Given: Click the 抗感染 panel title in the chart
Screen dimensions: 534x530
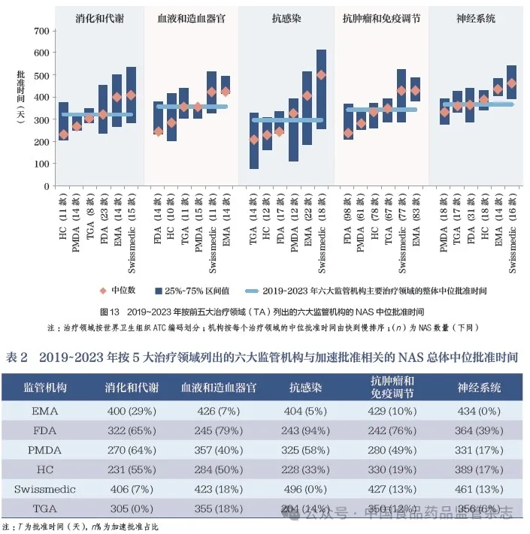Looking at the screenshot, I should pyautogui.click(x=286, y=17).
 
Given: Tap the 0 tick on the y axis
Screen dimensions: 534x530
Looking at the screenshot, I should pyautogui.click(x=47, y=186).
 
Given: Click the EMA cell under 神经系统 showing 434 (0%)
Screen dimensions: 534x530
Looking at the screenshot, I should pyautogui.click(x=479, y=412).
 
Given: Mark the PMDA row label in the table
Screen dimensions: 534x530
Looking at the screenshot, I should pyautogui.click(x=46, y=451).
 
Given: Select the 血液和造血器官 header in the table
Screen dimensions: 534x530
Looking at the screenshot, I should pyautogui.click(x=218, y=388).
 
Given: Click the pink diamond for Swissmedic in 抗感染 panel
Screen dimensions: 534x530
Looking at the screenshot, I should pyautogui.click(x=322, y=75).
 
